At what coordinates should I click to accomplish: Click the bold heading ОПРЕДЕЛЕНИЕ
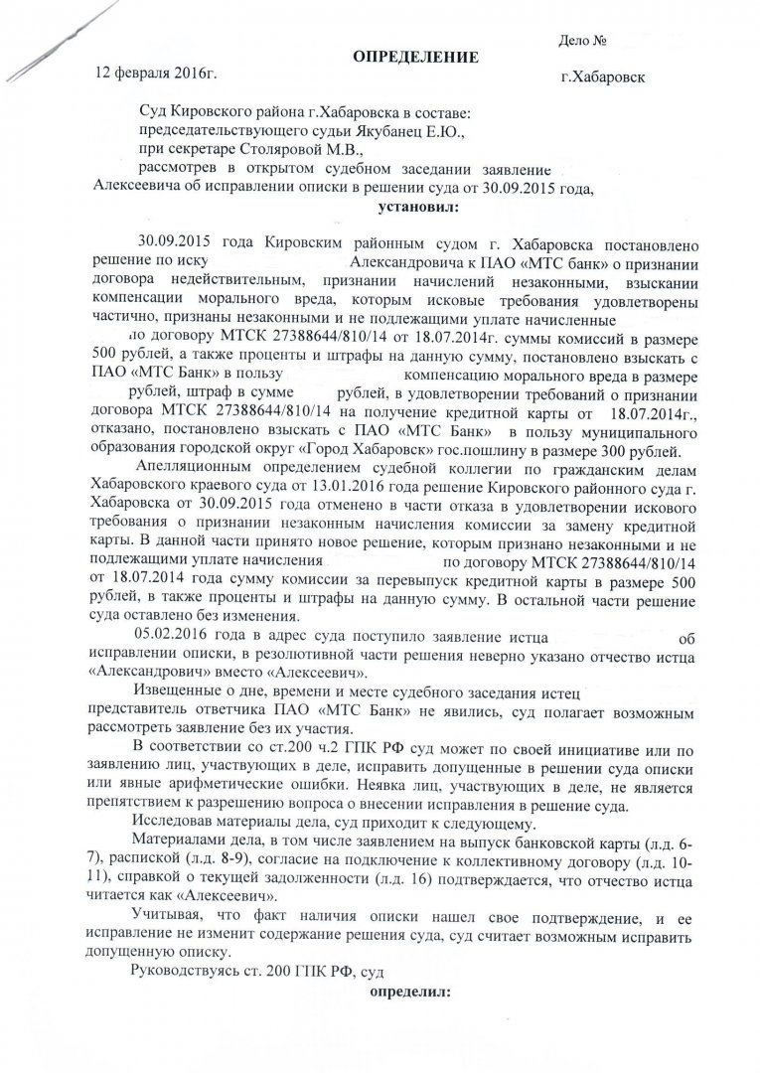point(416,57)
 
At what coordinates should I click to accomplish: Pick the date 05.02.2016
point(177,636)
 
